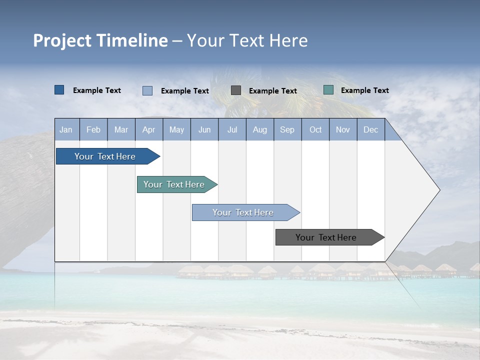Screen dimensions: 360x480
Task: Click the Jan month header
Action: coord(66,130)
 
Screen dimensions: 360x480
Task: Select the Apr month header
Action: coord(148,130)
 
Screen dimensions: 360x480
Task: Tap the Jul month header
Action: coord(232,130)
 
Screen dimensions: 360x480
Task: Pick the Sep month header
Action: coord(287,130)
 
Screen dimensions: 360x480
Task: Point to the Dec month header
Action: coord(370,130)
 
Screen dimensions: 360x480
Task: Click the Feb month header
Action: coord(93,130)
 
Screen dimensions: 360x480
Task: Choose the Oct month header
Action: coord(315,130)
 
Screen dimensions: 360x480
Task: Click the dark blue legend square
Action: coord(59,90)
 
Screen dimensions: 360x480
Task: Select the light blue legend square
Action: coord(147,90)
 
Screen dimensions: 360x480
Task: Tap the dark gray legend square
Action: coord(236,90)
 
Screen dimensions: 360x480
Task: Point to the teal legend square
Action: coord(328,90)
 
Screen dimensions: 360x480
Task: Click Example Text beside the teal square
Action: coord(364,90)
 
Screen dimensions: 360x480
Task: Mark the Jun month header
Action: coord(204,130)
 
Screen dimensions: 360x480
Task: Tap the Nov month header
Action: coord(343,130)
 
